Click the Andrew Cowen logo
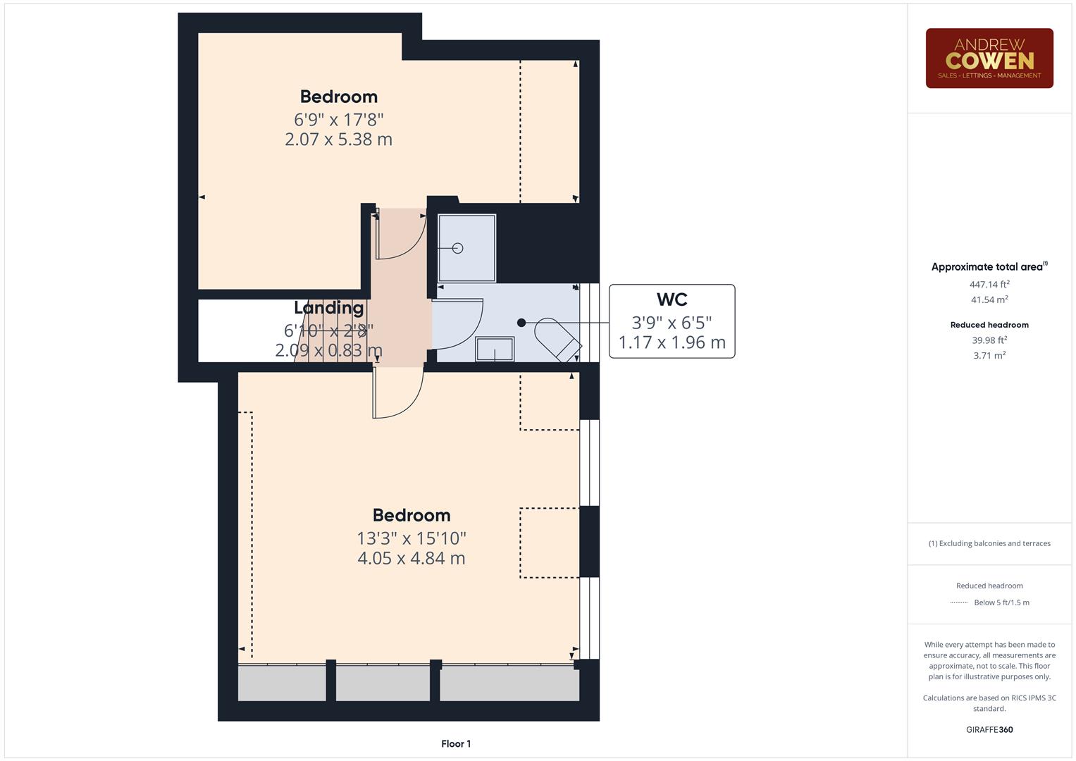(989, 58)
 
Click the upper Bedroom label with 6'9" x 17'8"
(338, 97)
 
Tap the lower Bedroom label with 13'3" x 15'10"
(411, 515)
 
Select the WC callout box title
(672, 299)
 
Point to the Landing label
(328, 308)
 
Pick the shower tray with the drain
(466, 248)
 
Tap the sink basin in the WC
(495, 349)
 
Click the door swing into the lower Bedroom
(398, 392)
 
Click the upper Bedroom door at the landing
(400, 234)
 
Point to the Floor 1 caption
(456, 743)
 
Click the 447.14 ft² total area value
(989, 285)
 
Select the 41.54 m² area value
(989, 299)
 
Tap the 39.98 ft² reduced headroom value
(989, 340)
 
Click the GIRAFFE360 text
(989, 729)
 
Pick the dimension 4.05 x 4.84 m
(411, 558)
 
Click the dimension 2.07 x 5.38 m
(338, 140)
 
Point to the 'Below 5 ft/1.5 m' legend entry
(1001, 602)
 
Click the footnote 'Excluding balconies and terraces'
(989, 543)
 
